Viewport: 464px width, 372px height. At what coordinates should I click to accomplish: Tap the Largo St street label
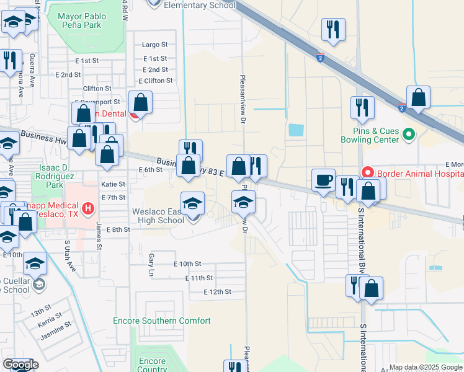pyautogui.click(x=154, y=45)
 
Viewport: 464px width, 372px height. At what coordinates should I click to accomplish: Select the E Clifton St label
pyautogui.click(x=156, y=81)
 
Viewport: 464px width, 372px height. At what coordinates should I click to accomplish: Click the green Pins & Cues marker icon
pyautogui.click(x=408, y=134)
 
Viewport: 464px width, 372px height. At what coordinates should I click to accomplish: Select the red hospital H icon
pyautogui.click(x=89, y=208)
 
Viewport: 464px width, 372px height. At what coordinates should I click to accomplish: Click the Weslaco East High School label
pyautogui.click(x=158, y=216)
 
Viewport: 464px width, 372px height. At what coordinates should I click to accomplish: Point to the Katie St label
pyautogui.click(x=113, y=184)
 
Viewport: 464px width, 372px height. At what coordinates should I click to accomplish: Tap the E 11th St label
pyautogui.click(x=199, y=278)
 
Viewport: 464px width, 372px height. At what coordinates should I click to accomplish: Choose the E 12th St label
pyautogui.click(x=217, y=291)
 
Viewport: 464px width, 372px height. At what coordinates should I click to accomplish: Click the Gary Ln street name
pyautogui.click(x=151, y=264)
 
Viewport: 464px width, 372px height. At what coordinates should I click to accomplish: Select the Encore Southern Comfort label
pyautogui.click(x=162, y=321)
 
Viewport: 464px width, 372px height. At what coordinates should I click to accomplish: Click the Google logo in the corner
pyautogui.click(x=20, y=365)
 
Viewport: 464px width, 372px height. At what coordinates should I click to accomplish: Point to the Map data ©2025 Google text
pyautogui.click(x=426, y=367)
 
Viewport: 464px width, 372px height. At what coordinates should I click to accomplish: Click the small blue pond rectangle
pyautogui.click(x=297, y=130)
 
